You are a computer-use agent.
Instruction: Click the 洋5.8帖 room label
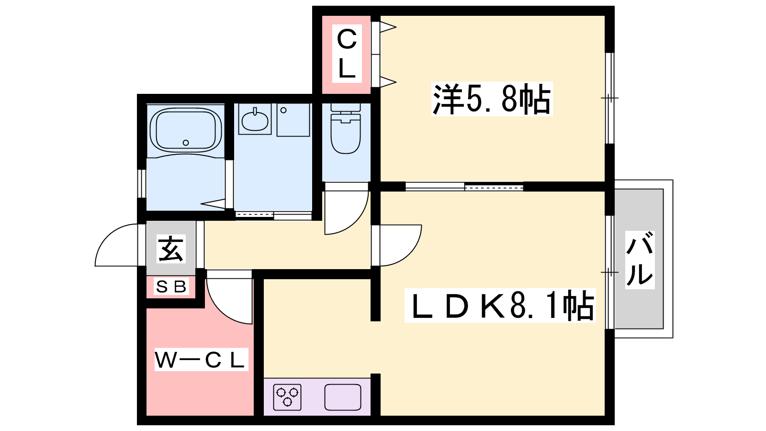pos(492,99)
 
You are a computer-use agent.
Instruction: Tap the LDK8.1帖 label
pos(500,306)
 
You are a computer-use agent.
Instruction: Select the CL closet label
pos(347,54)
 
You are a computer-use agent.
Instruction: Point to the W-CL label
pos(201,360)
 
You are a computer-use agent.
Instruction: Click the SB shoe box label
pos(171,287)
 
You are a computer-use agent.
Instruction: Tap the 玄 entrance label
pos(171,249)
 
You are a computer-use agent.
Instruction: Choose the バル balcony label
pos(640,260)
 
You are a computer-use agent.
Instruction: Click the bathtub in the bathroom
pos(186,130)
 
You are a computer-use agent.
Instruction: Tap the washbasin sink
pos(255,120)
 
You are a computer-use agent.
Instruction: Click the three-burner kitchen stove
pos(287,397)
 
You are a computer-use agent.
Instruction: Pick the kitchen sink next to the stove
pos(343,397)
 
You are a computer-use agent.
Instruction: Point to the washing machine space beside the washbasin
pos(293,120)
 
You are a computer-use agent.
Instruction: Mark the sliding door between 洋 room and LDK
pos(464,187)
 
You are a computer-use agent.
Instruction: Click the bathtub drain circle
pos(186,143)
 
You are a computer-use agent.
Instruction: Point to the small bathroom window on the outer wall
pos(142,183)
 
